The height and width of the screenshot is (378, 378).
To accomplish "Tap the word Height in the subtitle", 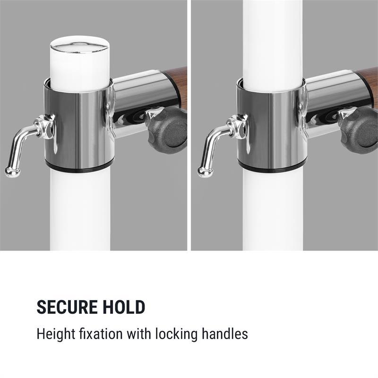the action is click(x=56, y=335).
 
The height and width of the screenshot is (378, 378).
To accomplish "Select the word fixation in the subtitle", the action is click(x=101, y=334).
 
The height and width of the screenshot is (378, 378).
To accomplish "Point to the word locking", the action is click(x=176, y=335).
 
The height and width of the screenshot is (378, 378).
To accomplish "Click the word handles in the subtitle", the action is click(x=225, y=334).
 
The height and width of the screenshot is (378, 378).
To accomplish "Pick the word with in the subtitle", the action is click(x=138, y=334).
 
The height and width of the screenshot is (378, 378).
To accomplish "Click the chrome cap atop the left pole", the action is click(x=80, y=44).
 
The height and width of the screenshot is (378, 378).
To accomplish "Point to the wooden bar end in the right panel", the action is click(x=368, y=85).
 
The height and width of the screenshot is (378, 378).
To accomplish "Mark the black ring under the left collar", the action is click(x=79, y=168).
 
